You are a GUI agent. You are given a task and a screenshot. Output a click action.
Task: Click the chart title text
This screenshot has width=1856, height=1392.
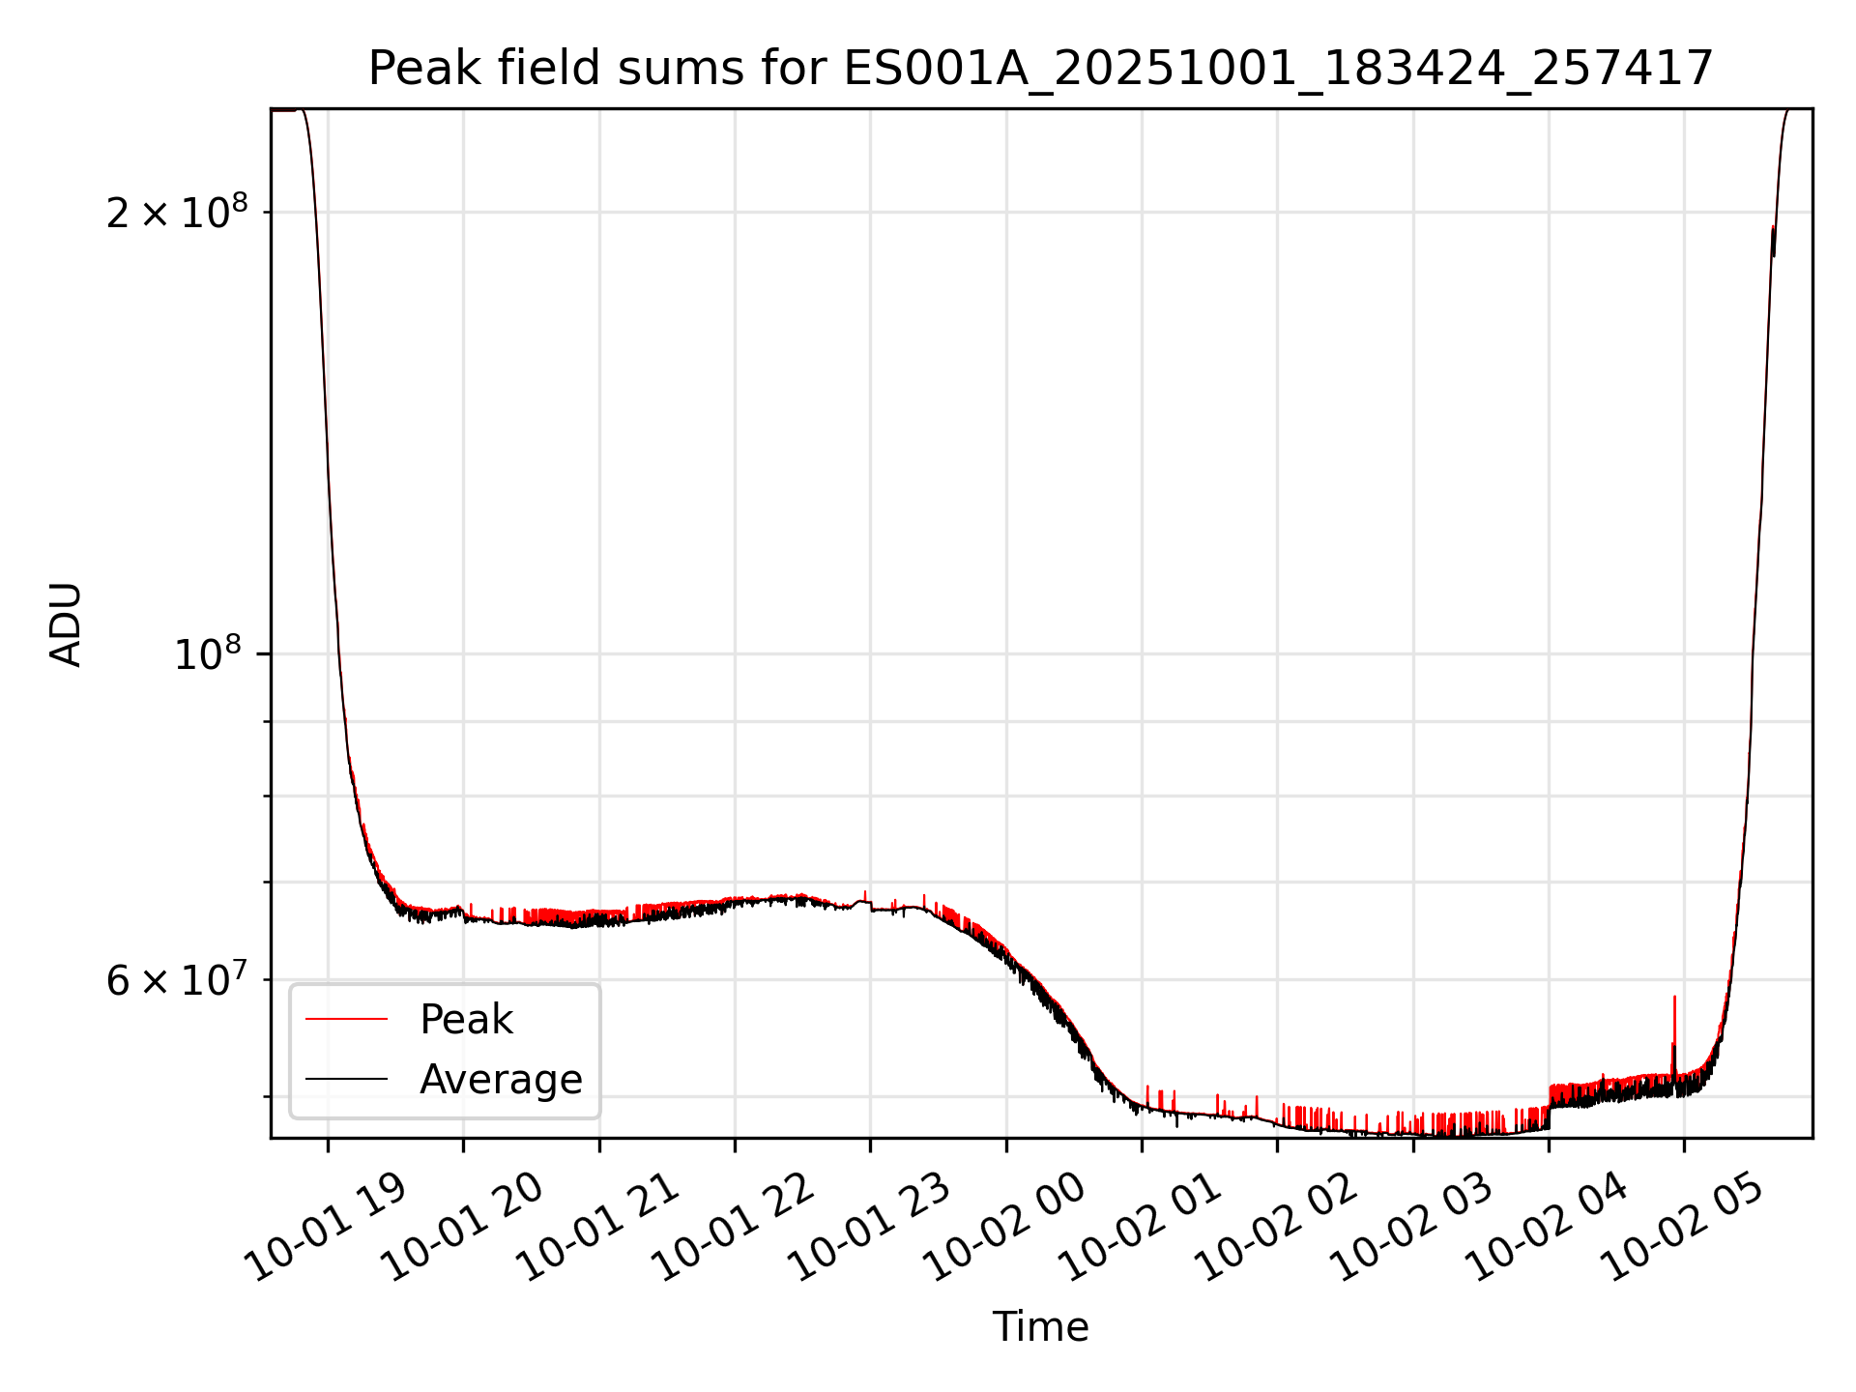1040,69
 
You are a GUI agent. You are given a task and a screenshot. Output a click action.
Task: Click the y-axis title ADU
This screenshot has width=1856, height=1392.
66,624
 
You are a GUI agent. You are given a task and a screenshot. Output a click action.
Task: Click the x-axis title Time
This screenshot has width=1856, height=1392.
1040,1327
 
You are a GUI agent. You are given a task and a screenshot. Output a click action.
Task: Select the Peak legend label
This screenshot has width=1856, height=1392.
466,1020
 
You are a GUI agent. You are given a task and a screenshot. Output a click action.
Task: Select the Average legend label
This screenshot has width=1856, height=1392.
501,1080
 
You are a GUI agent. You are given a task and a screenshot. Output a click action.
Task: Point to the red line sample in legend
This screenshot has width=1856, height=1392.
346,1020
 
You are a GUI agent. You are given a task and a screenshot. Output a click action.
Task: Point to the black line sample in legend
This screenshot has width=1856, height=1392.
346,1080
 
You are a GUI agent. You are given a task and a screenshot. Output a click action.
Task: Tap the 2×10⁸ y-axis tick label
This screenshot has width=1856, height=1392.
177,213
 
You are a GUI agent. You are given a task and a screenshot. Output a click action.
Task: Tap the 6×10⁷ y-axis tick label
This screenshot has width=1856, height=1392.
177,980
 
